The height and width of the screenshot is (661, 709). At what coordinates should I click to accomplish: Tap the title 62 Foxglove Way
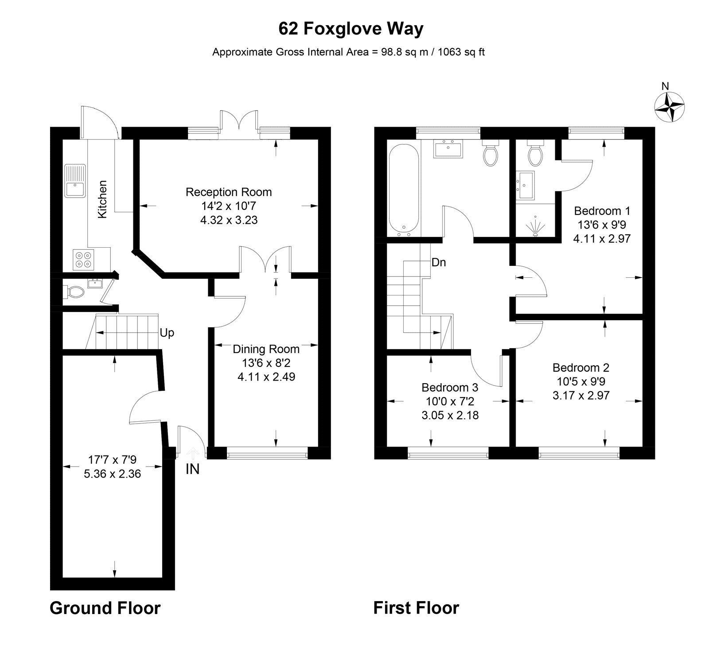(351, 29)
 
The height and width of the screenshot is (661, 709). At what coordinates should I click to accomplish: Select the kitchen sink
(75, 181)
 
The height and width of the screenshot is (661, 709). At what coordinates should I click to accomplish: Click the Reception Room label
(228, 192)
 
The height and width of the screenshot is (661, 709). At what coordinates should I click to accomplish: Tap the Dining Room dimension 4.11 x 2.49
(266, 377)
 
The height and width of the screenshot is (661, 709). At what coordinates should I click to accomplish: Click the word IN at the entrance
(192, 469)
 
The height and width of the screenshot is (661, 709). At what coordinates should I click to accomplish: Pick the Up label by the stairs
(167, 333)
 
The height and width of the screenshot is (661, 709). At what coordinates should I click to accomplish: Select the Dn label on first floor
(438, 263)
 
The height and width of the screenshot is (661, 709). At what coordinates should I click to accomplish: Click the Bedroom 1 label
(602, 210)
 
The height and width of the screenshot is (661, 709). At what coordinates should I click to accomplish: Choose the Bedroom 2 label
(580, 368)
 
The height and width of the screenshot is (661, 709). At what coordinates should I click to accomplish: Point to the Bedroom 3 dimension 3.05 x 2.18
(450, 416)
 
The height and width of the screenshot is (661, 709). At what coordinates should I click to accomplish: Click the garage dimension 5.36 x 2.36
(112, 474)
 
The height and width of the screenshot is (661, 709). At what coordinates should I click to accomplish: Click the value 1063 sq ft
(461, 52)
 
